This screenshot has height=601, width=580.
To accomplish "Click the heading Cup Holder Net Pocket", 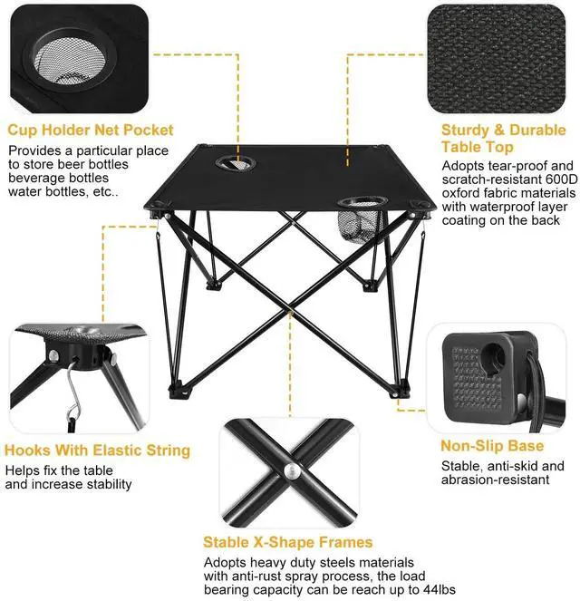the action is pos(91,130).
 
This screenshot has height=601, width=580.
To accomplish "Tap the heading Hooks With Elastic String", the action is pos(97,450).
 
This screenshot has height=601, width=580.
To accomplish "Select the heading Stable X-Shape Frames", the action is pos(287,542).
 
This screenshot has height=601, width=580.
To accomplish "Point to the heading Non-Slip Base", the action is pos(492,446).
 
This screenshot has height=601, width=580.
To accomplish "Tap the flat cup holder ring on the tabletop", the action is pos(236,164).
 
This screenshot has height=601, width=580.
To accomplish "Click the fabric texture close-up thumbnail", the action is pos(496,59).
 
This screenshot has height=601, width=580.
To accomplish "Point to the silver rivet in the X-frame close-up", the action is pos(290,471).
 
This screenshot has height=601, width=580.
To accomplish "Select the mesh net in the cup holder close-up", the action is pos(70,62).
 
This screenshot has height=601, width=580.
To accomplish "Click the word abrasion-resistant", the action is pos(496,480).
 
